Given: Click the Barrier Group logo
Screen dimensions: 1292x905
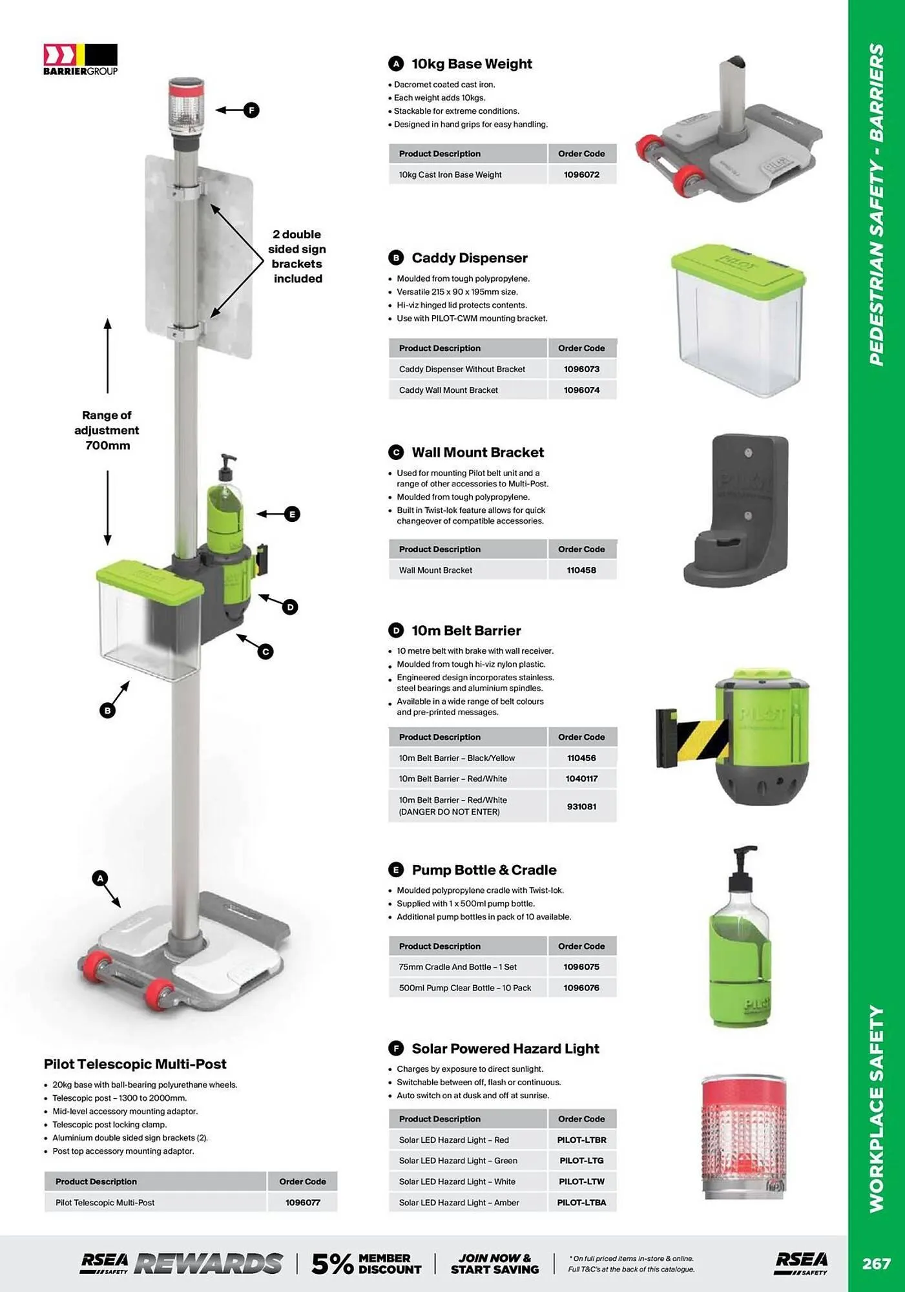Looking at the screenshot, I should tap(80, 59).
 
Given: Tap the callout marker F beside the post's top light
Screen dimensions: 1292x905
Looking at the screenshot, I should tap(251, 110).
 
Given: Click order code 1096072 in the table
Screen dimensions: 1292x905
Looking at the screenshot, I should tap(581, 174).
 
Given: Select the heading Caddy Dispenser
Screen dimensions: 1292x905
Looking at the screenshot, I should tap(469, 258).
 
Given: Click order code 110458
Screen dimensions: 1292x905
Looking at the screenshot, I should tap(581, 570).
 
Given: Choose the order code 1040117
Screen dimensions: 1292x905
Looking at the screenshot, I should tap(581, 778).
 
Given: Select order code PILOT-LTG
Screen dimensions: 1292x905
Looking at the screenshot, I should tap(581, 1160).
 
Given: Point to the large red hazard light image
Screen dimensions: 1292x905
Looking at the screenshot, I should tap(743, 1137).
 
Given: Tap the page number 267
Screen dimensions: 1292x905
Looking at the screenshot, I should tap(875, 1263).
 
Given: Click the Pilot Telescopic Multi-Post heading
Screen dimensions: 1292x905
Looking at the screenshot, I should tap(135, 1064).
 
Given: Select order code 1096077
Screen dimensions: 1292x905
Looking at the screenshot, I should tap(302, 1202).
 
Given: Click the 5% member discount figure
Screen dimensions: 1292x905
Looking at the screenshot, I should tap(332, 1264).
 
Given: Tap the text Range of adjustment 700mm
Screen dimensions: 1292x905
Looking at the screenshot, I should tap(107, 430).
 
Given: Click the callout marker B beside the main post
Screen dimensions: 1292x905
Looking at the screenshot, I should tap(107, 710).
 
